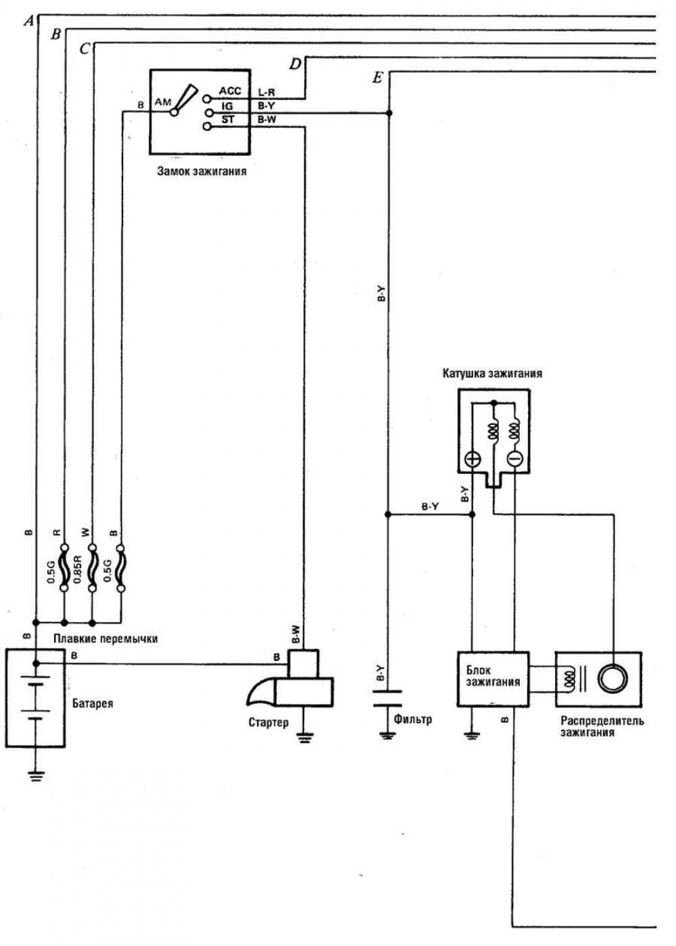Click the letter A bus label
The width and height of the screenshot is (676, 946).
click(28, 21)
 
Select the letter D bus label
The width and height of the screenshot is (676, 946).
click(295, 64)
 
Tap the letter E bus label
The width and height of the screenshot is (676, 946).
click(378, 78)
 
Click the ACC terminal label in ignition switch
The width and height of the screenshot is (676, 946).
click(230, 91)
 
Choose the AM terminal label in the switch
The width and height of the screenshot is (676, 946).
click(163, 102)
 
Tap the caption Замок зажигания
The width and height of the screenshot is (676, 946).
click(201, 171)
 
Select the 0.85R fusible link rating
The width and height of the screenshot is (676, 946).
click(77, 569)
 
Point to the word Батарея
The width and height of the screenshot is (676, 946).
click(93, 703)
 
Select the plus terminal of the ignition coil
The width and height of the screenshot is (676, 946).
click(472, 459)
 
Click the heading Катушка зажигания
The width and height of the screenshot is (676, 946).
click(492, 372)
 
